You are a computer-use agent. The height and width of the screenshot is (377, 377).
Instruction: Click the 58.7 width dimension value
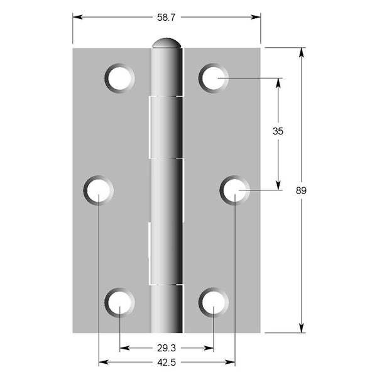click(167, 18)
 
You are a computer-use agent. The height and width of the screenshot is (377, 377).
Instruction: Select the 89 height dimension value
click(301, 190)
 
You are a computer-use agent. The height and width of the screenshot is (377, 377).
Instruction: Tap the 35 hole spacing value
click(278, 131)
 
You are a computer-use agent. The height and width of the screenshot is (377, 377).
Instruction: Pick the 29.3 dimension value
click(167, 348)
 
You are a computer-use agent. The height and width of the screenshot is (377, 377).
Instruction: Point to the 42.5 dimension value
click(167, 363)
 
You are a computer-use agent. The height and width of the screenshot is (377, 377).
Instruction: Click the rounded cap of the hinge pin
click(167, 43)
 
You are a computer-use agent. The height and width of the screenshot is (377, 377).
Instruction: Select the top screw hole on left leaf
click(119, 78)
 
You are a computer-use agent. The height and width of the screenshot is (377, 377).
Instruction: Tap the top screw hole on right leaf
click(214, 78)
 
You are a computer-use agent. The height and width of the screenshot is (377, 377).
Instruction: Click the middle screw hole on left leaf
click(99, 190)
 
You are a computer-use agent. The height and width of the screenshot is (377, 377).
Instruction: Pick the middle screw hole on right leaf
click(234, 190)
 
